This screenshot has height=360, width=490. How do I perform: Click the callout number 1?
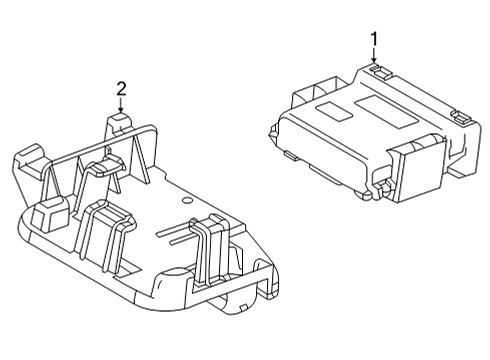(373, 39)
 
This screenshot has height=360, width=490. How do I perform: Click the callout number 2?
(121, 88)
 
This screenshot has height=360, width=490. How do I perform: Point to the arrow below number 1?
(373, 57)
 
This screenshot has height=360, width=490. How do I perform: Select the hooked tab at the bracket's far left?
(28, 159)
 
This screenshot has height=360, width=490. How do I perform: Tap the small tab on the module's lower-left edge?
(287, 156)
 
